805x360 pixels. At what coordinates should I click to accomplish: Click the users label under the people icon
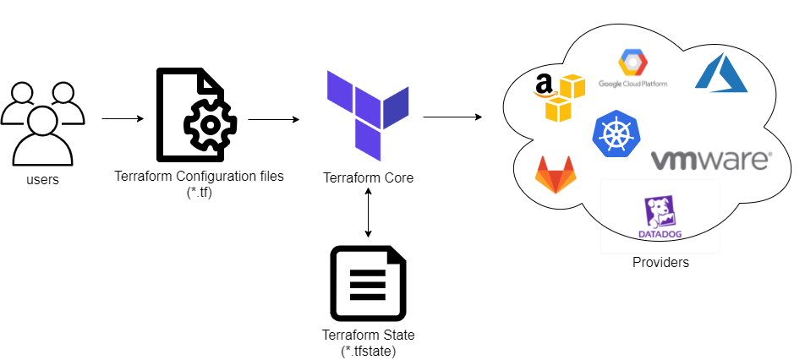pyautogui.click(x=43, y=178)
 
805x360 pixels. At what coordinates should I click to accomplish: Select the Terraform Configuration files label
pyautogui.click(x=199, y=177)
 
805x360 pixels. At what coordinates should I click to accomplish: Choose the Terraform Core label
pyautogui.click(x=369, y=178)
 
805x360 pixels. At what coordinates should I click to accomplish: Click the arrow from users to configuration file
pyautogui.click(x=123, y=119)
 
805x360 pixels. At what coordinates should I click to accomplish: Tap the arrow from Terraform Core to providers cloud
pyautogui.click(x=452, y=117)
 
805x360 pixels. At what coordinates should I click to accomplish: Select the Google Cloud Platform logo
pyautogui.click(x=632, y=68)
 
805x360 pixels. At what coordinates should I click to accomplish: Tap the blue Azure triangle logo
pyautogui.click(x=720, y=72)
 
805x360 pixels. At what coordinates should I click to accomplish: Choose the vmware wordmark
pyautogui.click(x=710, y=160)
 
